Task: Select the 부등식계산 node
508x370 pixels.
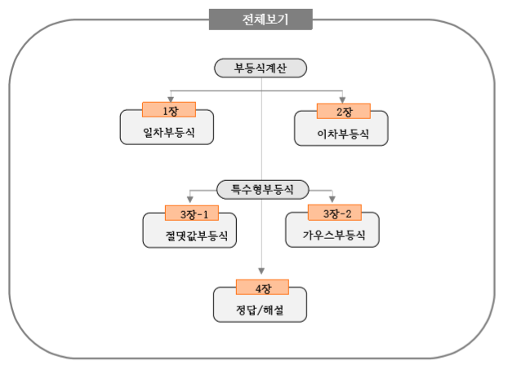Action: pos(260,68)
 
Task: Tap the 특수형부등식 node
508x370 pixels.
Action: pos(261,189)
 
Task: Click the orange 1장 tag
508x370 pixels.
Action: pos(166,109)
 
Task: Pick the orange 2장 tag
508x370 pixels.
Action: pos(341,109)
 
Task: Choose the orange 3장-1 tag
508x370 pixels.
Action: pos(189,214)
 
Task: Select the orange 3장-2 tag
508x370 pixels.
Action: pos(332,214)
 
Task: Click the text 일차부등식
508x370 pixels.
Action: pos(167,132)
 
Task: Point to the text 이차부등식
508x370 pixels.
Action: pos(341,132)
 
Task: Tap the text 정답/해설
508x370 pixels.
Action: pos(260,310)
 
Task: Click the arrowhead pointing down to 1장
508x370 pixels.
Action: pos(167,98)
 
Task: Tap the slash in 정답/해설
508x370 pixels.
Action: pos(260,310)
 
